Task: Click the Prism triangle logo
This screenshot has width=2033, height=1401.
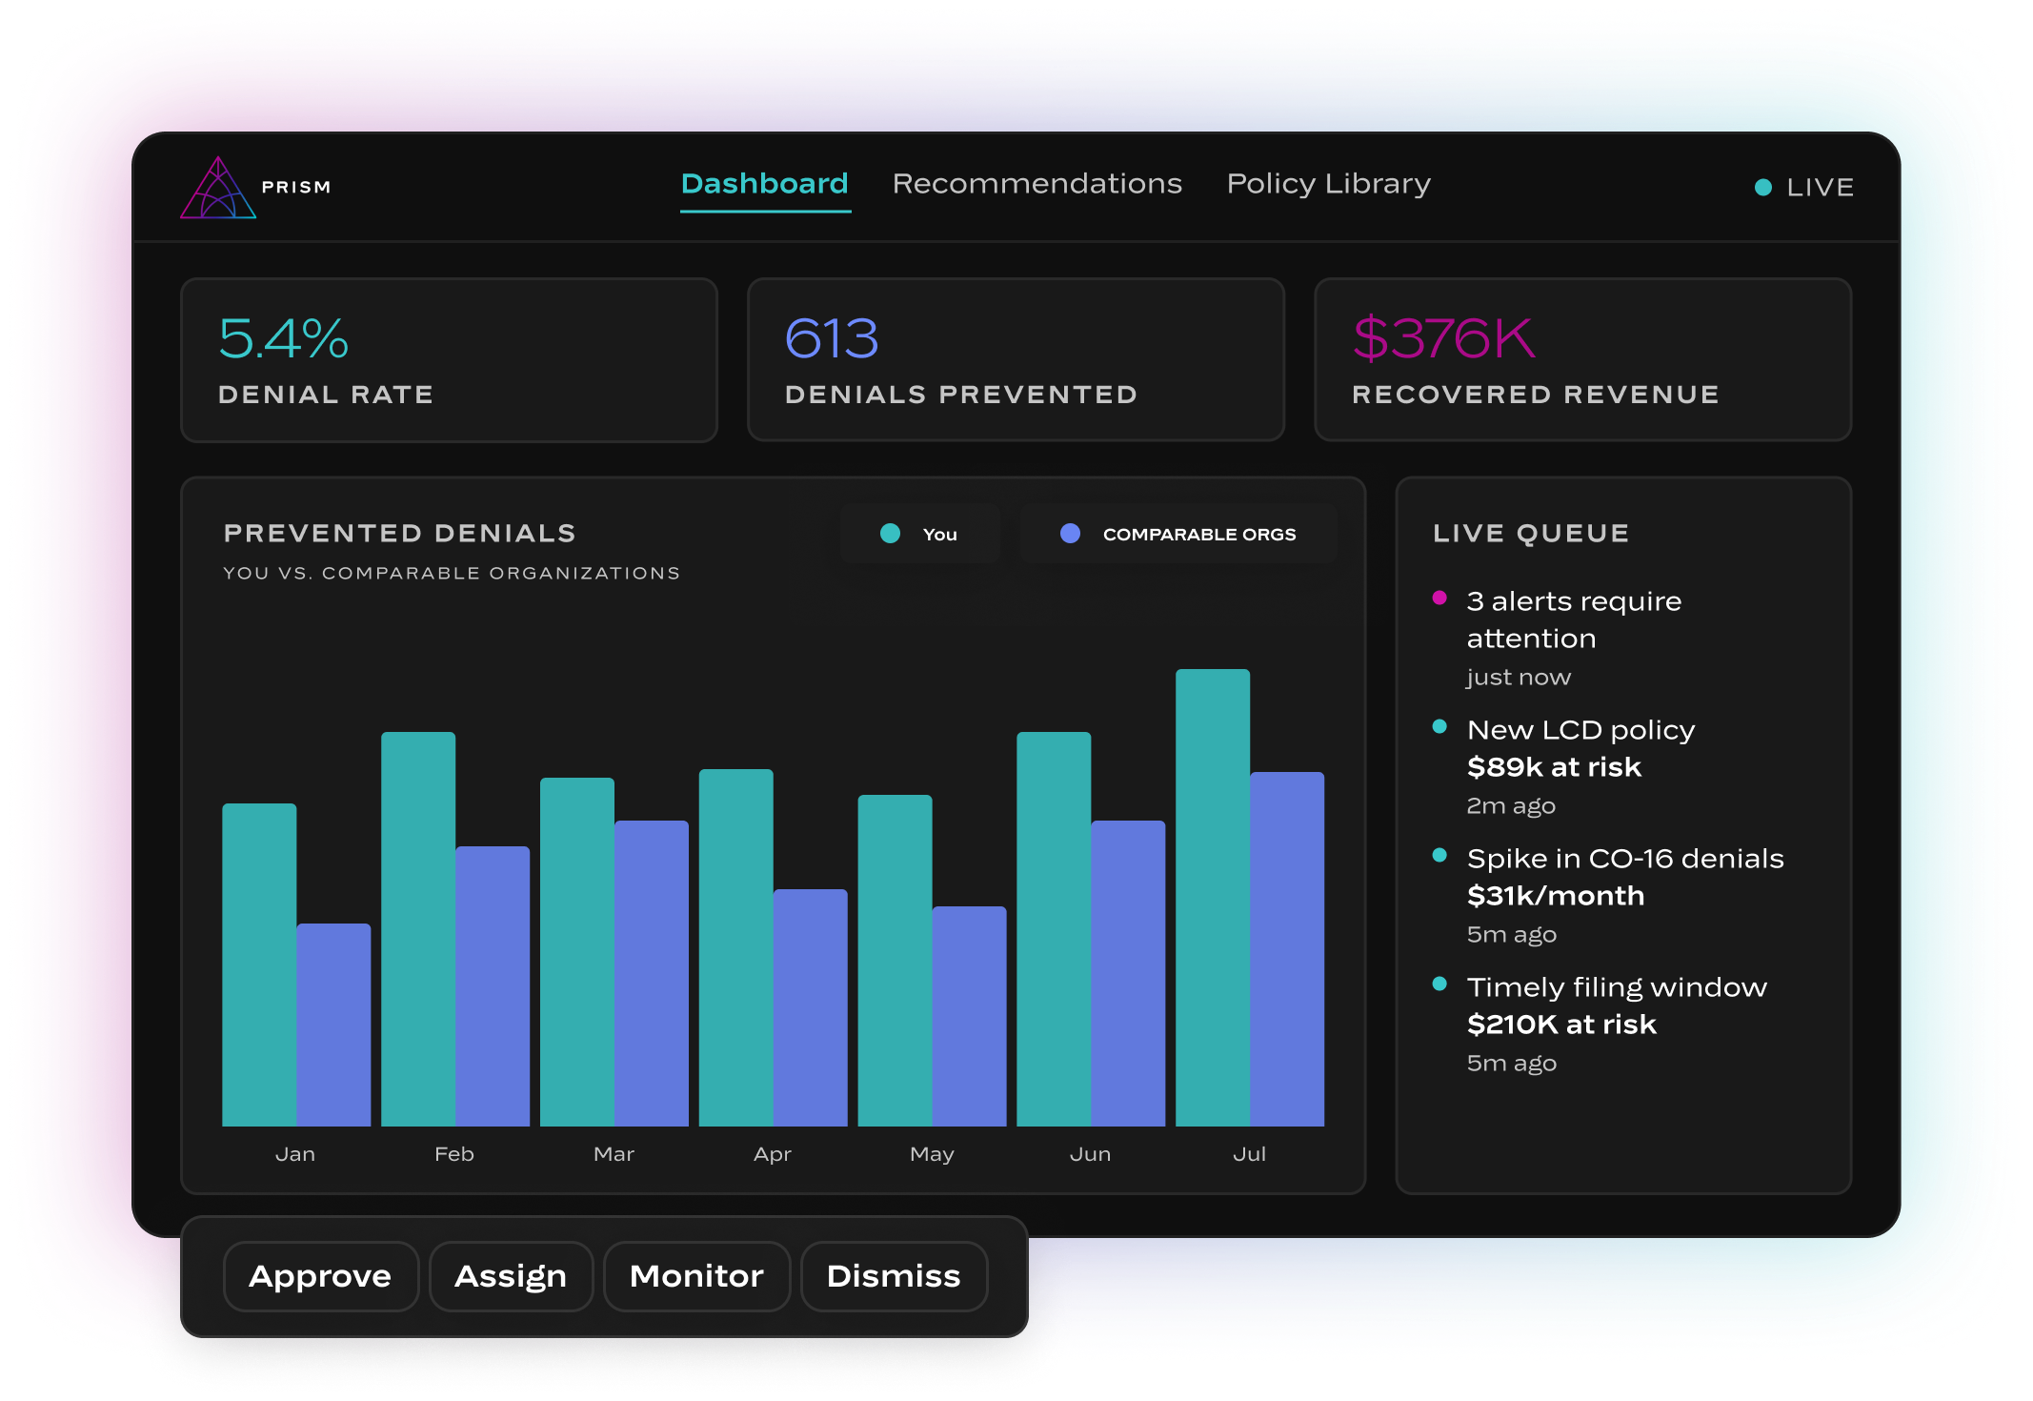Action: [x=218, y=188]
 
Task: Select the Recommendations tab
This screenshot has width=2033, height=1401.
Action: [x=1037, y=183]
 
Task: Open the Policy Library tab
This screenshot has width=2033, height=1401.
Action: [x=1328, y=183]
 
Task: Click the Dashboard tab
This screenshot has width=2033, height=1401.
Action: [x=764, y=183]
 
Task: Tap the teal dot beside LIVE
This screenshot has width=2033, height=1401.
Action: [x=1762, y=188]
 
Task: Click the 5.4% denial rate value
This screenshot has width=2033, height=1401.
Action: [x=283, y=338]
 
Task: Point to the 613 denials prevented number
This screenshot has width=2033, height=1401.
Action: [x=831, y=338]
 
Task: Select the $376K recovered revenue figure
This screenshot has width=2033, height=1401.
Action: [x=1443, y=338]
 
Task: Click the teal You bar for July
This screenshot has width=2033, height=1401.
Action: [x=1212, y=897]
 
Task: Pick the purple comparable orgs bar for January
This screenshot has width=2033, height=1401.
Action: [x=333, y=1025]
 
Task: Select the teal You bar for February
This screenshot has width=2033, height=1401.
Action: [x=418, y=928]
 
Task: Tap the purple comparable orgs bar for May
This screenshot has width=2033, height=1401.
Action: [x=969, y=1016]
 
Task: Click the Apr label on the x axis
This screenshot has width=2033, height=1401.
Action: [x=772, y=1154]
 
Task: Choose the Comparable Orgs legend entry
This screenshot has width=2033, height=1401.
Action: [x=1178, y=534]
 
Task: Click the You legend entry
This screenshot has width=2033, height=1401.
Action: [x=919, y=534]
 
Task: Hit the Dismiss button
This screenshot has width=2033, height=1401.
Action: [x=894, y=1276]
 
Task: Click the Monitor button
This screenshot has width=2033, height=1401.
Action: [x=696, y=1276]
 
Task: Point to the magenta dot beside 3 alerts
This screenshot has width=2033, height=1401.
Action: [x=1439, y=598]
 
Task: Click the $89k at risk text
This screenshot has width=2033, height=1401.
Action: [x=1554, y=766]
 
